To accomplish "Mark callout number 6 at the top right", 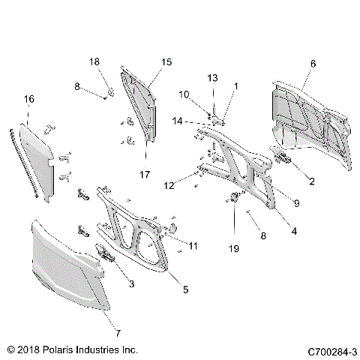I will pos(311,64).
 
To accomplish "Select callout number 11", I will pos(193,245).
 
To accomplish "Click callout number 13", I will pos(211,77).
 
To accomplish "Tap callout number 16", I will pos(28,99).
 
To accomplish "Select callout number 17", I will pos(145,175).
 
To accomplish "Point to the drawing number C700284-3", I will pos(331,349).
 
